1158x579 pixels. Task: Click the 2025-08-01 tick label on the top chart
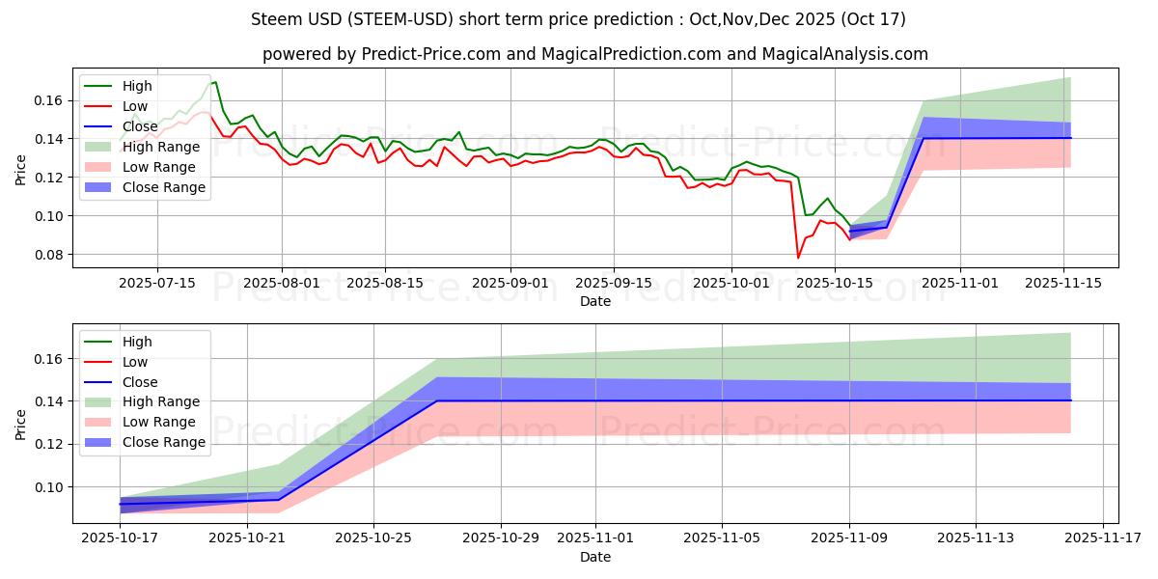coord(281,283)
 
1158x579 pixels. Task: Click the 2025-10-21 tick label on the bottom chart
coord(248,538)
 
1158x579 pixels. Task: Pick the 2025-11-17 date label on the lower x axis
coord(1103,538)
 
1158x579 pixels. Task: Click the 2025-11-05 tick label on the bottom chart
coord(723,538)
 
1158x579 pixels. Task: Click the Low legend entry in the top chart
coord(136,106)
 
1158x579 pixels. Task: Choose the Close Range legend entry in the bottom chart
coord(164,442)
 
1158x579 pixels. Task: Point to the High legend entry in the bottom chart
coord(137,342)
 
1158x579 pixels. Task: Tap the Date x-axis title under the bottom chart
coord(594,557)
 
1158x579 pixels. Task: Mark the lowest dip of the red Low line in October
coord(798,258)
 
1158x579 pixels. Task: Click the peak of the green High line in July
coord(215,82)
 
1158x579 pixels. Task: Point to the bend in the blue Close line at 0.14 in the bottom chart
coord(437,400)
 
